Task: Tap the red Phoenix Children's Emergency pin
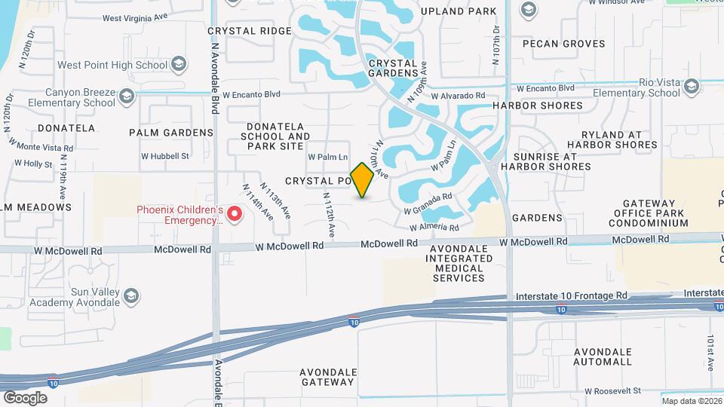[x=235, y=215]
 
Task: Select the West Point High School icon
[x=179, y=65]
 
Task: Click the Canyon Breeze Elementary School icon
[x=127, y=96]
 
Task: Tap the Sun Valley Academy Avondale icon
[x=132, y=295]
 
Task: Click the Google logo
[x=25, y=397]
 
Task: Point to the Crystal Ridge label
[x=249, y=31]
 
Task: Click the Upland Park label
[x=469, y=11]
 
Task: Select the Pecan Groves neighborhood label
[x=564, y=44]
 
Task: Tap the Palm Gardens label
[x=171, y=133]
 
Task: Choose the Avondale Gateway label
[x=327, y=377]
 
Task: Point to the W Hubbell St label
[x=164, y=157]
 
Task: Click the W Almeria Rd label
[x=434, y=227]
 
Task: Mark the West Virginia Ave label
[x=134, y=16]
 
